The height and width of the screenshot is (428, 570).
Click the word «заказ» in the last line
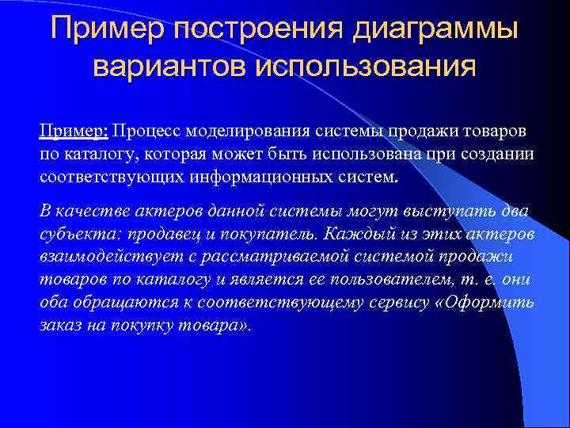pos(61,326)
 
